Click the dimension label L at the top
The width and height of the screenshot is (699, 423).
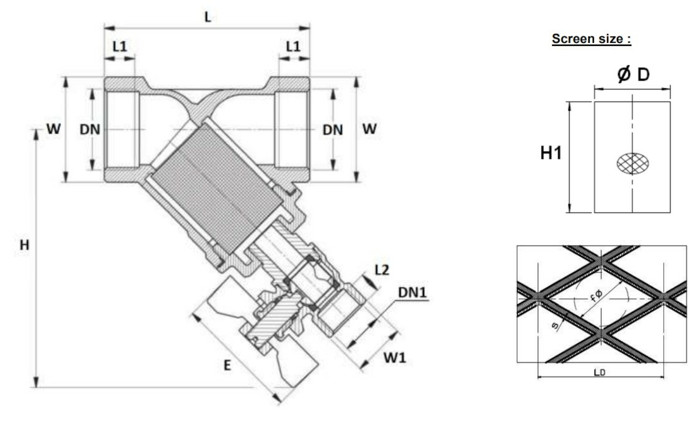point(208,18)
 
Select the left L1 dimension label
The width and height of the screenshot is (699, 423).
point(120,47)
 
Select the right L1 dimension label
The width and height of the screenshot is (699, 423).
point(293,47)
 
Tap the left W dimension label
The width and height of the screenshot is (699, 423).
point(54,129)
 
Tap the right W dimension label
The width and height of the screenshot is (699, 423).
point(369,129)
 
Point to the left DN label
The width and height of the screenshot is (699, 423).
point(90,130)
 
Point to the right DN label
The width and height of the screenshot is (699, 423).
point(332,130)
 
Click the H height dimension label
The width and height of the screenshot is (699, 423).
point(25,245)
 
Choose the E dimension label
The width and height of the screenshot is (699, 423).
point(227,366)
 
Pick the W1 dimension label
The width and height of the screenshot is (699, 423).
point(395,358)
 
